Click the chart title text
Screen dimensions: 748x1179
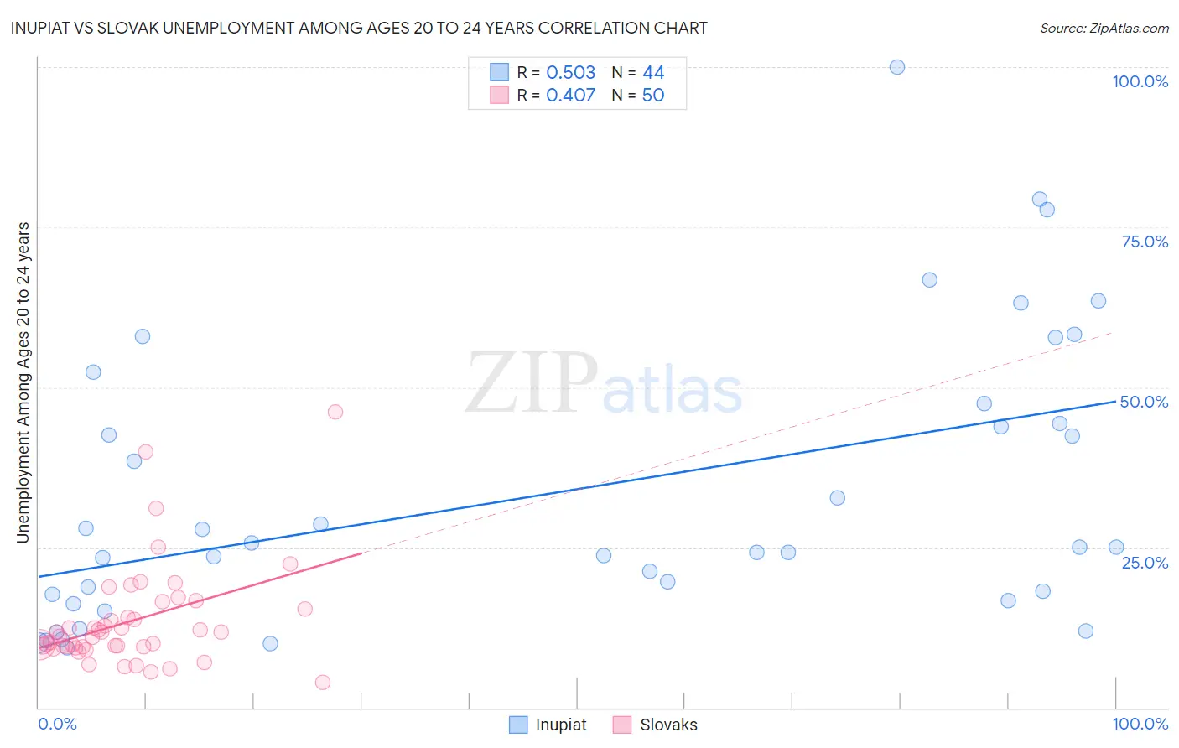[359, 28]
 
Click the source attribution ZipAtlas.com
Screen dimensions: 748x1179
[1104, 28]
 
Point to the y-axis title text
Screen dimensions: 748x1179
[23, 382]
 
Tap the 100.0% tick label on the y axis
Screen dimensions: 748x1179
[1140, 81]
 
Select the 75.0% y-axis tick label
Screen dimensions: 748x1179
[1145, 242]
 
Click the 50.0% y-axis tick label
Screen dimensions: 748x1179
[1144, 402]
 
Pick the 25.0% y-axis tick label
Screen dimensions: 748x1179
[1145, 562]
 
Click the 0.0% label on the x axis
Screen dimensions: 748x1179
[57, 724]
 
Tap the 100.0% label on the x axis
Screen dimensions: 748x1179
[1140, 724]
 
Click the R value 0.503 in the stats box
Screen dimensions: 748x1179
[570, 72]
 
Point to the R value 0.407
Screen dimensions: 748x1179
[570, 95]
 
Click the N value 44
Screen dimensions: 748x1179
[653, 72]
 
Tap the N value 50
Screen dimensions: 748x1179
[653, 95]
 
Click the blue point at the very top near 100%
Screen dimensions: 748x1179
[897, 67]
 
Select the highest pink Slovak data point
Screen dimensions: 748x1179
[335, 412]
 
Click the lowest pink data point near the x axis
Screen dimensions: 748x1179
[323, 683]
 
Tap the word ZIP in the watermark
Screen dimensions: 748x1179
[532, 384]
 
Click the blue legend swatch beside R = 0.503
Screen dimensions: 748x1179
[499, 72]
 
